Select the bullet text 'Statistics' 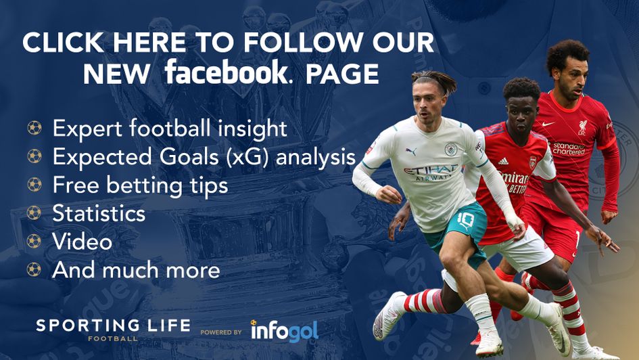pos(99,214)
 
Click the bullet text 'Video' pos(82,242)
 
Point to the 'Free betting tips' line pos(140,185)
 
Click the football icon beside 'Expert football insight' pos(34,128)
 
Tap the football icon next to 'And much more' pos(34,270)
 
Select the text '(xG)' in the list pos(249,156)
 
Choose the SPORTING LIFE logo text pos(113,325)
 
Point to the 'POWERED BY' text pos(221,333)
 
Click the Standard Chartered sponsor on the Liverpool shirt pos(569,148)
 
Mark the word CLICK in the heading pos(60,42)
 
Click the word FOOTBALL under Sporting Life pos(113,338)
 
